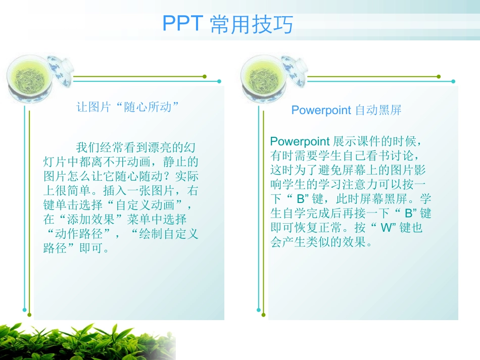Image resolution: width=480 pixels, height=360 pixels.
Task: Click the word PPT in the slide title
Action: click(183, 24)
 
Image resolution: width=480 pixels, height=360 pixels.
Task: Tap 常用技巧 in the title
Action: click(251, 24)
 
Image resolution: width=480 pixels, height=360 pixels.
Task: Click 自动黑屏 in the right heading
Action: click(378, 110)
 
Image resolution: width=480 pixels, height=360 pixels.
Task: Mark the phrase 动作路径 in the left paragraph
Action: click(79, 234)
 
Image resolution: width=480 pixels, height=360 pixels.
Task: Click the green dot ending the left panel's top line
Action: click(205, 77)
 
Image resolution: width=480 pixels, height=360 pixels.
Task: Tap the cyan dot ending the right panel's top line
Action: click(453, 81)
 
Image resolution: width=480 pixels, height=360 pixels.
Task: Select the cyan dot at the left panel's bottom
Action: click(24, 310)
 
